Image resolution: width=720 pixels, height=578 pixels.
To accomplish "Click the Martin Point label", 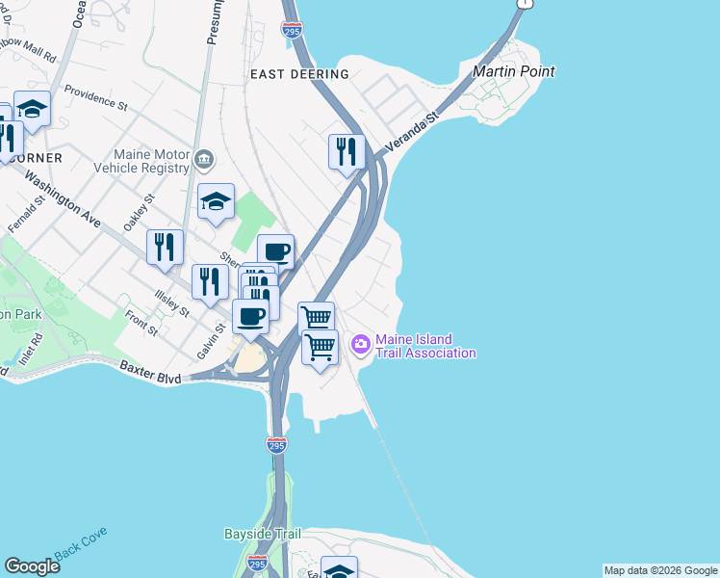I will click(513, 71).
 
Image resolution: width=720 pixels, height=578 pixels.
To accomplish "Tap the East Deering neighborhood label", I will click(298, 74).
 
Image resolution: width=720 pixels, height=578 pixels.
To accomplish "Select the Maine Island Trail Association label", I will click(425, 346).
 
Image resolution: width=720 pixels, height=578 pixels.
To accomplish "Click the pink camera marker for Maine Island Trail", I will click(361, 343).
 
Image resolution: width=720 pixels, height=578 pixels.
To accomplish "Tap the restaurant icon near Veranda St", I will click(346, 151).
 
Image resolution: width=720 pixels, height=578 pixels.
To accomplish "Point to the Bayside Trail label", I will click(263, 534).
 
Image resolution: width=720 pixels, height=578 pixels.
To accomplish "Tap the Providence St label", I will click(96, 97).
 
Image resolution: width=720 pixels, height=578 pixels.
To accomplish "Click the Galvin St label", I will click(211, 341).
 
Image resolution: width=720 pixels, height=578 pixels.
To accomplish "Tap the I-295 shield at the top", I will click(294, 31).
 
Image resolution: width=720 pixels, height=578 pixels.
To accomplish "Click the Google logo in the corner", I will click(32, 566).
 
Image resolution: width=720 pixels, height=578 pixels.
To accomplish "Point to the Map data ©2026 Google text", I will click(660, 570).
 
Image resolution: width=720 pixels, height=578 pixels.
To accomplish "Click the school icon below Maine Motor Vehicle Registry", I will click(217, 201).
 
